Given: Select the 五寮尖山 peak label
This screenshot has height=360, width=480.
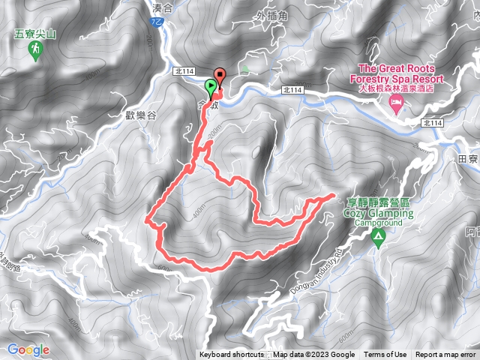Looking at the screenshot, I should click(x=34, y=34).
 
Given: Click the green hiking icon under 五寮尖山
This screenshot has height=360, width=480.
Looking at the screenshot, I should click(x=34, y=50).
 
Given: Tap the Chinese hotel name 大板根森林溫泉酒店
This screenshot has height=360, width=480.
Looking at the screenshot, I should click(x=395, y=87).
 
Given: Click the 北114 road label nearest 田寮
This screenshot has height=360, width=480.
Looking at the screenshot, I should click(x=433, y=123).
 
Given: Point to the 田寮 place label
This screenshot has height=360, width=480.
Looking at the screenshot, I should click(x=467, y=159).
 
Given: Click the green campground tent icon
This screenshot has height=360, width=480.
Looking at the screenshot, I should click(x=379, y=238).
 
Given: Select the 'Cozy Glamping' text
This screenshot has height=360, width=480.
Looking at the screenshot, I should click(x=378, y=213).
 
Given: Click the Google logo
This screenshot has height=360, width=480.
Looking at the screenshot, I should click(x=28, y=349).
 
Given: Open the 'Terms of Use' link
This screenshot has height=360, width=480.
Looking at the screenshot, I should click(x=385, y=355).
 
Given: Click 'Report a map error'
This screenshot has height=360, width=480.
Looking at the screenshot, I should click(x=445, y=355).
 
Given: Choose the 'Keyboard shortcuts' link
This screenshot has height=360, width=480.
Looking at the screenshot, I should click(x=231, y=355).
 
